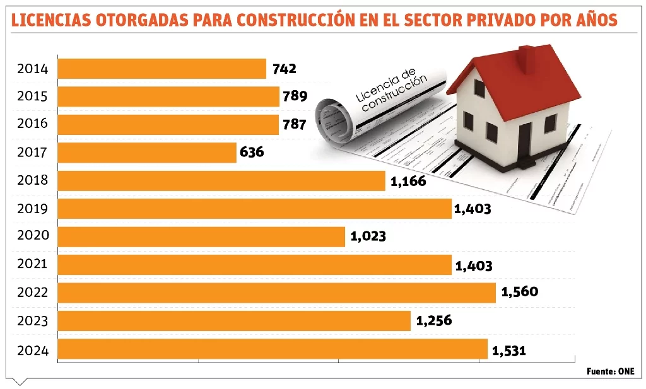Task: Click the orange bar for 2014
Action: (161, 69)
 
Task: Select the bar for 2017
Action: (147, 153)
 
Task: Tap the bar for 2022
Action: (276, 293)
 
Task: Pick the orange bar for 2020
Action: (201, 236)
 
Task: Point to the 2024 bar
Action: (273, 349)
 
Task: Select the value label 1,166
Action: (408, 182)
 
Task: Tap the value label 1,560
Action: (519, 292)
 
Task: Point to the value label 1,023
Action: (368, 237)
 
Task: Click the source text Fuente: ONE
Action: (610, 371)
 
